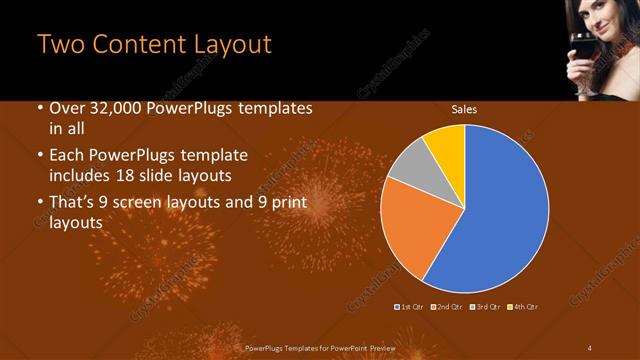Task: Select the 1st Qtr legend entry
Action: (x=411, y=305)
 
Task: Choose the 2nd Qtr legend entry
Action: (x=448, y=305)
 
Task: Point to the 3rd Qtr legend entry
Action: (x=485, y=305)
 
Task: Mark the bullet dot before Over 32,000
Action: (x=39, y=109)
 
